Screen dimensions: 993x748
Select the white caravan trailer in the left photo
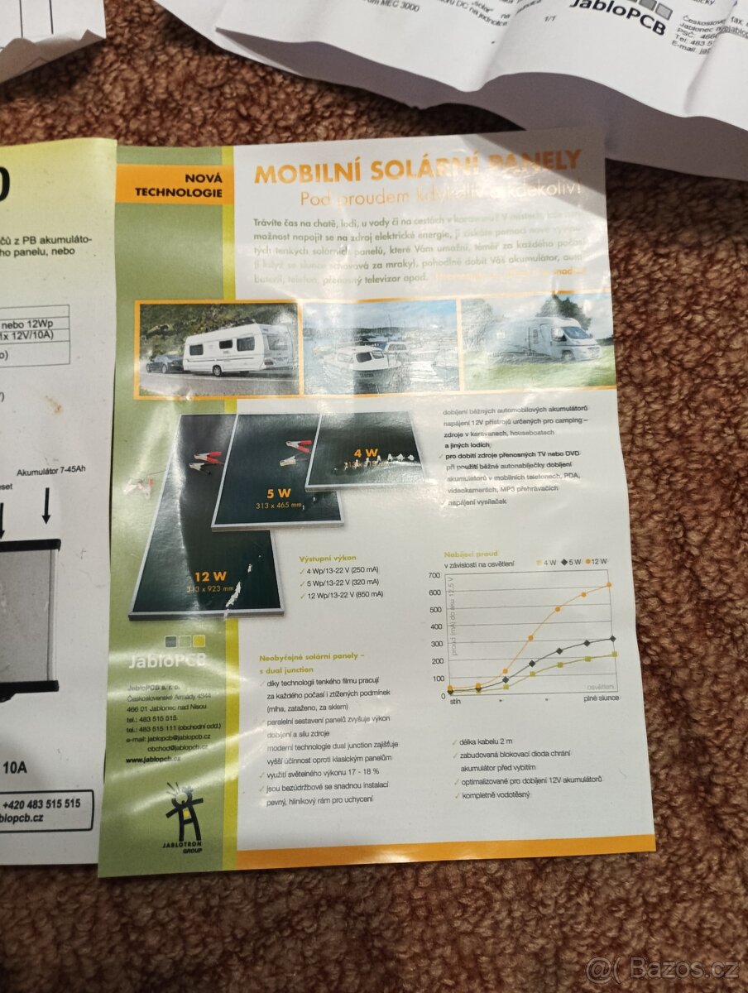[x=237, y=348]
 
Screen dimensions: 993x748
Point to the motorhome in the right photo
[x=553, y=339]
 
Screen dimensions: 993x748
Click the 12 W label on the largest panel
[x=211, y=576]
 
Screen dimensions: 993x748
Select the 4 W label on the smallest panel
[x=366, y=454]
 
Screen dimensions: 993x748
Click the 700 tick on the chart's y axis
[x=434, y=575]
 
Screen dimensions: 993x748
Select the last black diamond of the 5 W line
[x=611, y=639]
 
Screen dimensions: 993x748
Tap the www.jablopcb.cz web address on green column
[x=153, y=758]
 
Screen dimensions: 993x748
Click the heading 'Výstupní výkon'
[x=328, y=558]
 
